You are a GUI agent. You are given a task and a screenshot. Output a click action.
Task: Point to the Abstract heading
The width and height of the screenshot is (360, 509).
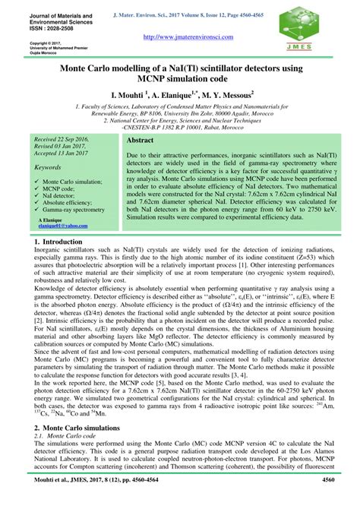point(140,141)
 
